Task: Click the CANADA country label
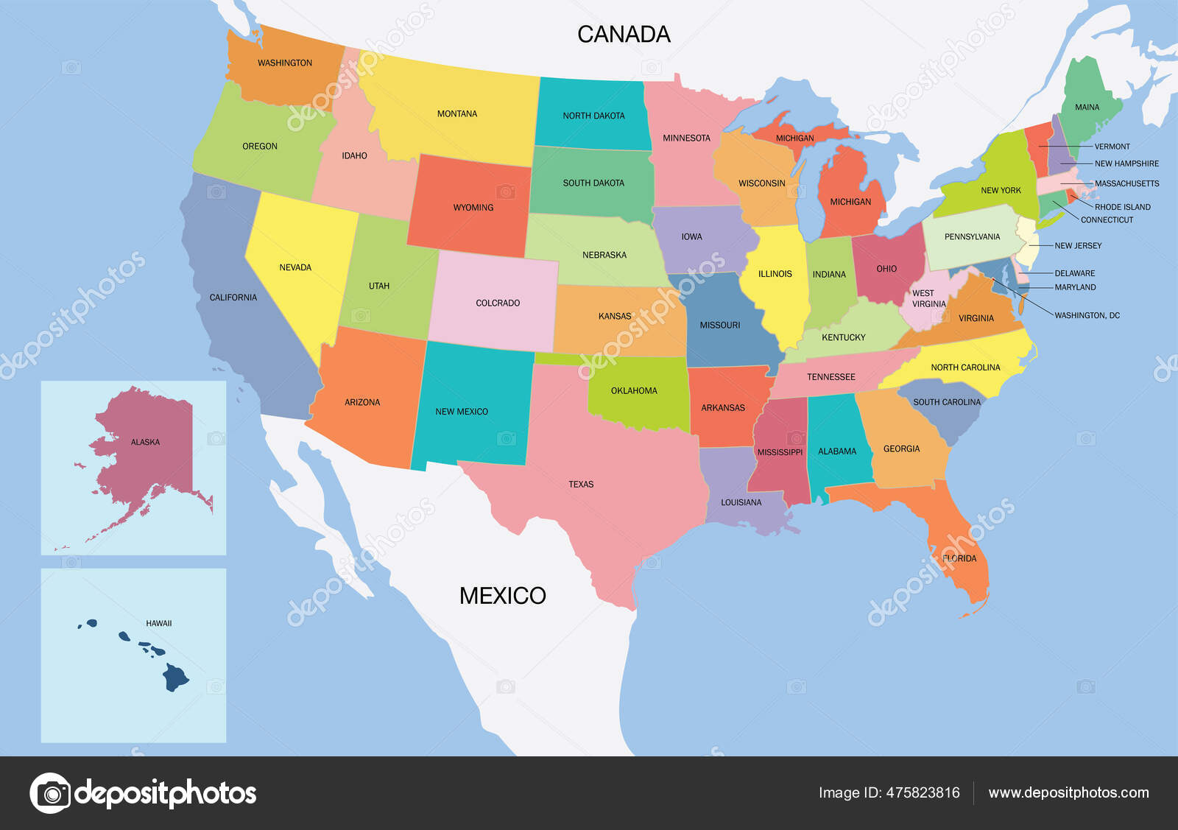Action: click(x=624, y=34)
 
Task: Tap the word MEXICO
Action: click(x=502, y=595)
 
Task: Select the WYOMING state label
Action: click(x=473, y=208)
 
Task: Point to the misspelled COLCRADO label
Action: click(x=498, y=303)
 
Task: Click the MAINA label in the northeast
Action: click(x=1087, y=108)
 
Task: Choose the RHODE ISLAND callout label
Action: click(x=1122, y=207)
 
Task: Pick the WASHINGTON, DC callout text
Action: click(x=1087, y=315)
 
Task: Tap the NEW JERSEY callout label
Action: click(x=1078, y=246)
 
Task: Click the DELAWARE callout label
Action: click(x=1074, y=273)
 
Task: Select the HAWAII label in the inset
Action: click(x=158, y=624)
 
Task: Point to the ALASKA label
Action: click(x=145, y=443)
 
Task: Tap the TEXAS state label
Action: click(x=581, y=485)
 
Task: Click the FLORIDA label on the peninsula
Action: click(x=959, y=558)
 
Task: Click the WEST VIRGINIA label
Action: click(x=928, y=298)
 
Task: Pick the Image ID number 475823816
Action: click(x=923, y=792)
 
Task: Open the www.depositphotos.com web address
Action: click(x=1068, y=792)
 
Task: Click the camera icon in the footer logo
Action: click(x=51, y=793)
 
